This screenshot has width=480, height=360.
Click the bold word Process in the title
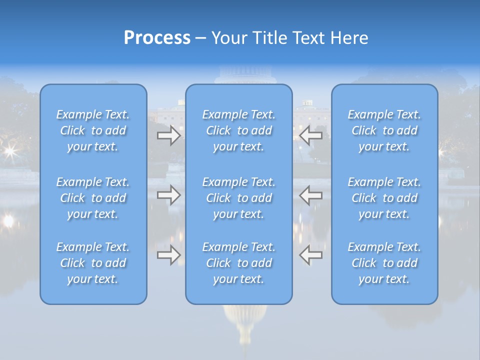pos(157,38)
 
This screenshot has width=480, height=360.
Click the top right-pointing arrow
pos(169,135)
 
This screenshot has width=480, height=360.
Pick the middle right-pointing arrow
pos(169,195)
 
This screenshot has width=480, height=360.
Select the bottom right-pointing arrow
pos(169,254)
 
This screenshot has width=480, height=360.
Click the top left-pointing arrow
pos(310,135)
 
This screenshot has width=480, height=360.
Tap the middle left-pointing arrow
pos(310,195)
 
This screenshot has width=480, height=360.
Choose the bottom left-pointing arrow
pos(310,254)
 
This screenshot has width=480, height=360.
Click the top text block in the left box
pos(93,130)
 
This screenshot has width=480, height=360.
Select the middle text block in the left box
pos(93,198)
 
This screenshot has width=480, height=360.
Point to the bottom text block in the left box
pos(93,263)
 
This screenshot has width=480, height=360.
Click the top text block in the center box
pos(239,130)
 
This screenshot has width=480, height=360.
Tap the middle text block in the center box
pos(239,198)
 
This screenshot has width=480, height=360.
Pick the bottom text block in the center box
pos(239,263)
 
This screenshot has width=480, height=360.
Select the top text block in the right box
pos(384,130)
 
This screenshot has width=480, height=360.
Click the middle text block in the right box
pos(384,198)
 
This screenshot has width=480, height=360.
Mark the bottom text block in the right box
pos(384,263)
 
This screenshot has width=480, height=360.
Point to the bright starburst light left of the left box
pos(10,150)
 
